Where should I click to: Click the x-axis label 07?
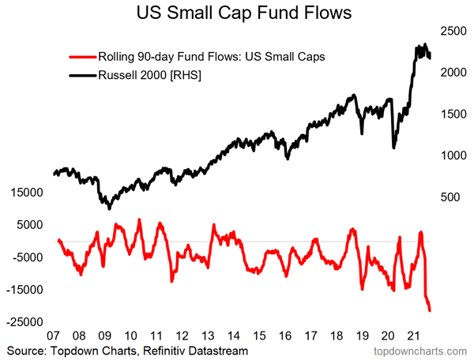tap(54, 335)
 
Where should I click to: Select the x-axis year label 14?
tap(235, 335)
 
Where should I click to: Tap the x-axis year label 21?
tap(416, 335)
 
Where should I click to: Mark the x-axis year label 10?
tap(131, 335)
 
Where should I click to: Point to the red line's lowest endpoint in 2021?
tap(431, 310)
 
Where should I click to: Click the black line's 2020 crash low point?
tap(394, 147)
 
